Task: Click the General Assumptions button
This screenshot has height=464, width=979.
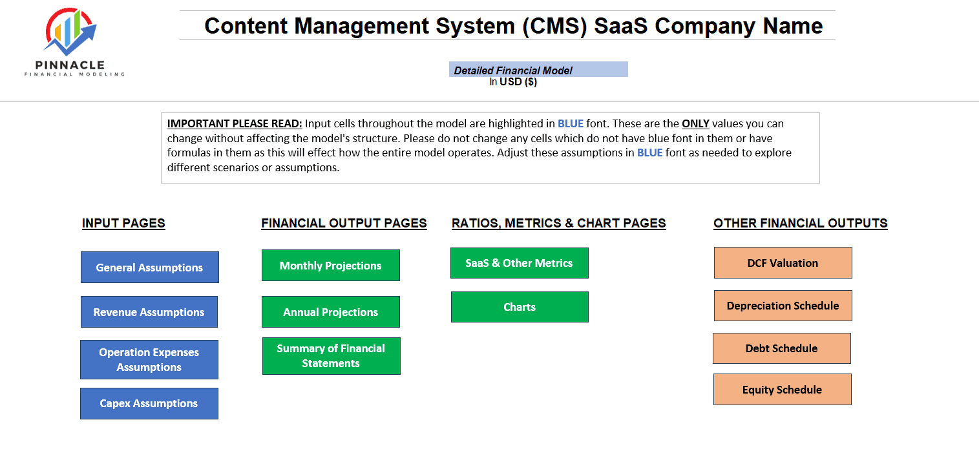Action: pyautogui.click(x=149, y=267)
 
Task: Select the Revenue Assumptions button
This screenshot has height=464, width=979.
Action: pyautogui.click(x=149, y=311)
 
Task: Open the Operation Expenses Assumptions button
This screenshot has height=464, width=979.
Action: pyautogui.click(x=149, y=359)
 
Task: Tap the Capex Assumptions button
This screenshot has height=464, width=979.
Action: pyautogui.click(x=149, y=403)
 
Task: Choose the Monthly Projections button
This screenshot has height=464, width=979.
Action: pyautogui.click(x=331, y=265)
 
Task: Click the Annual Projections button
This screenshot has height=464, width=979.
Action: pyautogui.click(x=331, y=311)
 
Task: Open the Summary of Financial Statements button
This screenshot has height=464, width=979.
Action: pyautogui.click(x=332, y=355)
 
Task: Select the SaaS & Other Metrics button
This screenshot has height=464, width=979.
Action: pyautogui.click(x=519, y=263)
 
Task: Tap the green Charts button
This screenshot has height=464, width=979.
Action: pyautogui.click(x=520, y=307)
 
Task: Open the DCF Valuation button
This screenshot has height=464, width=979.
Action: pyautogui.click(x=783, y=262)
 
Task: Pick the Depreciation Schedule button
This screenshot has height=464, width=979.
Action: pyautogui.click(x=783, y=306)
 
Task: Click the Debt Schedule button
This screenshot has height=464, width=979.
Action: pyautogui.click(x=782, y=348)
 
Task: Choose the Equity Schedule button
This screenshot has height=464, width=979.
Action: pyautogui.click(x=783, y=389)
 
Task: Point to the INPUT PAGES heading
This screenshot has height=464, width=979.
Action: pyautogui.click(x=123, y=223)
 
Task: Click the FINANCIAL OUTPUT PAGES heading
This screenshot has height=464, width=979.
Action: pyautogui.click(x=344, y=223)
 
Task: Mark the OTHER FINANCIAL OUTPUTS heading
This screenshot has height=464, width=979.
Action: pyautogui.click(x=800, y=223)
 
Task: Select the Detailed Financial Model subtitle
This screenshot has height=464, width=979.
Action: pyautogui.click(x=512, y=70)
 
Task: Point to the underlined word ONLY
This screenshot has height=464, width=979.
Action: pyautogui.click(x=695, y=123)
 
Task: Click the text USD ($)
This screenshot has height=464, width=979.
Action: pyautogui.click(x=518, y=81)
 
